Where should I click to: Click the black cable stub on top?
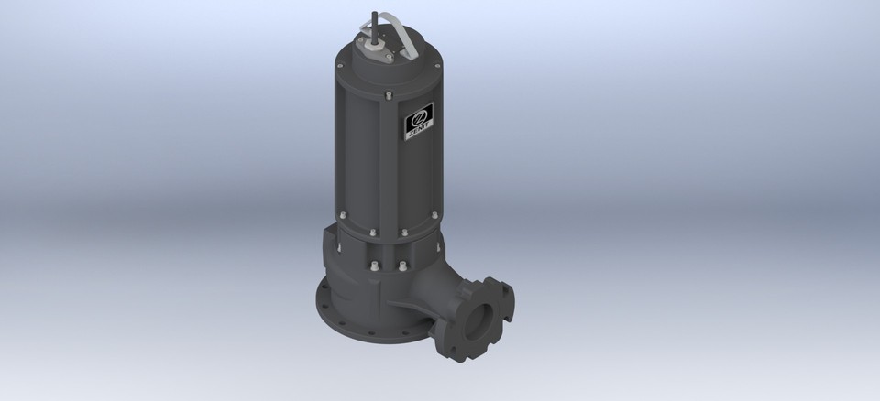376,21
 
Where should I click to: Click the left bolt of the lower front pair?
374,266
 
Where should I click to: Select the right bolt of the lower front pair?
401,267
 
